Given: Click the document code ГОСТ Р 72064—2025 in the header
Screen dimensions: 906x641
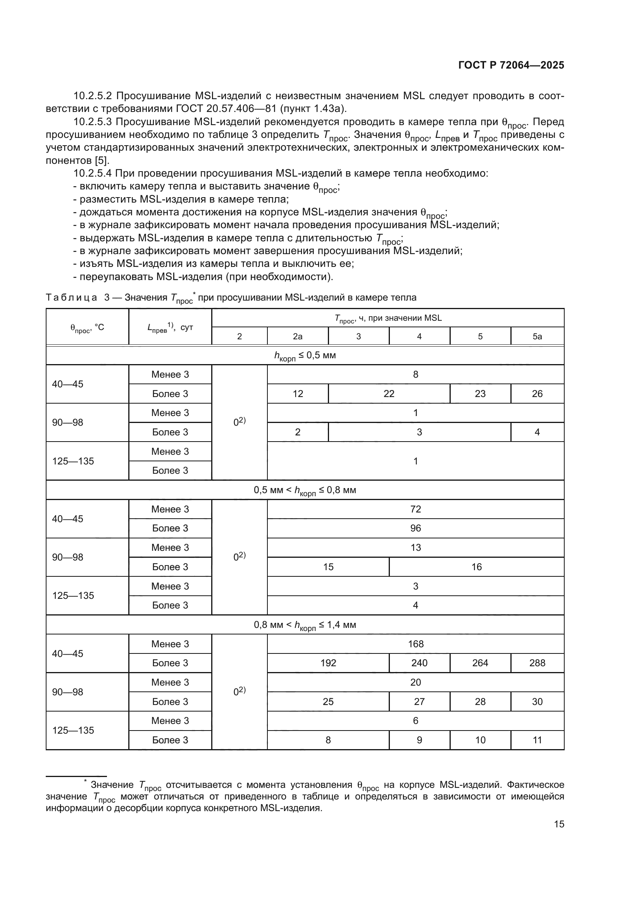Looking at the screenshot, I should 511,65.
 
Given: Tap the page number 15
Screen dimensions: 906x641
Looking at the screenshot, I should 559,824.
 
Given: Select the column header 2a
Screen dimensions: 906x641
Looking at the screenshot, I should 298,336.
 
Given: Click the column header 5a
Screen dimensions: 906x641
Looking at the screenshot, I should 537,336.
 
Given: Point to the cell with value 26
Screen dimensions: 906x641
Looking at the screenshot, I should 537,394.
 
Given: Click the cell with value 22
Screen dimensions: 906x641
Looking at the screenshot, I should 389,394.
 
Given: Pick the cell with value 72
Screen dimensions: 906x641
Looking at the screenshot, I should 415,509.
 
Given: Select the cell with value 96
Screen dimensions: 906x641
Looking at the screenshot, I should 415,528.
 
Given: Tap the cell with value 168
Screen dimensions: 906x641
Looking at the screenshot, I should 415,644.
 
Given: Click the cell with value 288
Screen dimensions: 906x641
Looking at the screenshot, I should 537,663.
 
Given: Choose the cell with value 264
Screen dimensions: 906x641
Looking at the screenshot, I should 480,663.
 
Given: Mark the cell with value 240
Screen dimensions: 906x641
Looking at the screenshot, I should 419,663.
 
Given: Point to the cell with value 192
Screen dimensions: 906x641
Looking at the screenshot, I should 328,663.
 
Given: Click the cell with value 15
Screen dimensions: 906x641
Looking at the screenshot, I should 328,567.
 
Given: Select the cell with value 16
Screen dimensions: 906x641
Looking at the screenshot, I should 476,567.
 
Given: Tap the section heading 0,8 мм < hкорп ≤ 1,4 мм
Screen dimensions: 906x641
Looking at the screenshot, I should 305,625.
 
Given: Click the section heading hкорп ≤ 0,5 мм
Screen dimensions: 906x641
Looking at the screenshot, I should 305,356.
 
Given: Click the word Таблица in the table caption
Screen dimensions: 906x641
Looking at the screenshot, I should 71,297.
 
